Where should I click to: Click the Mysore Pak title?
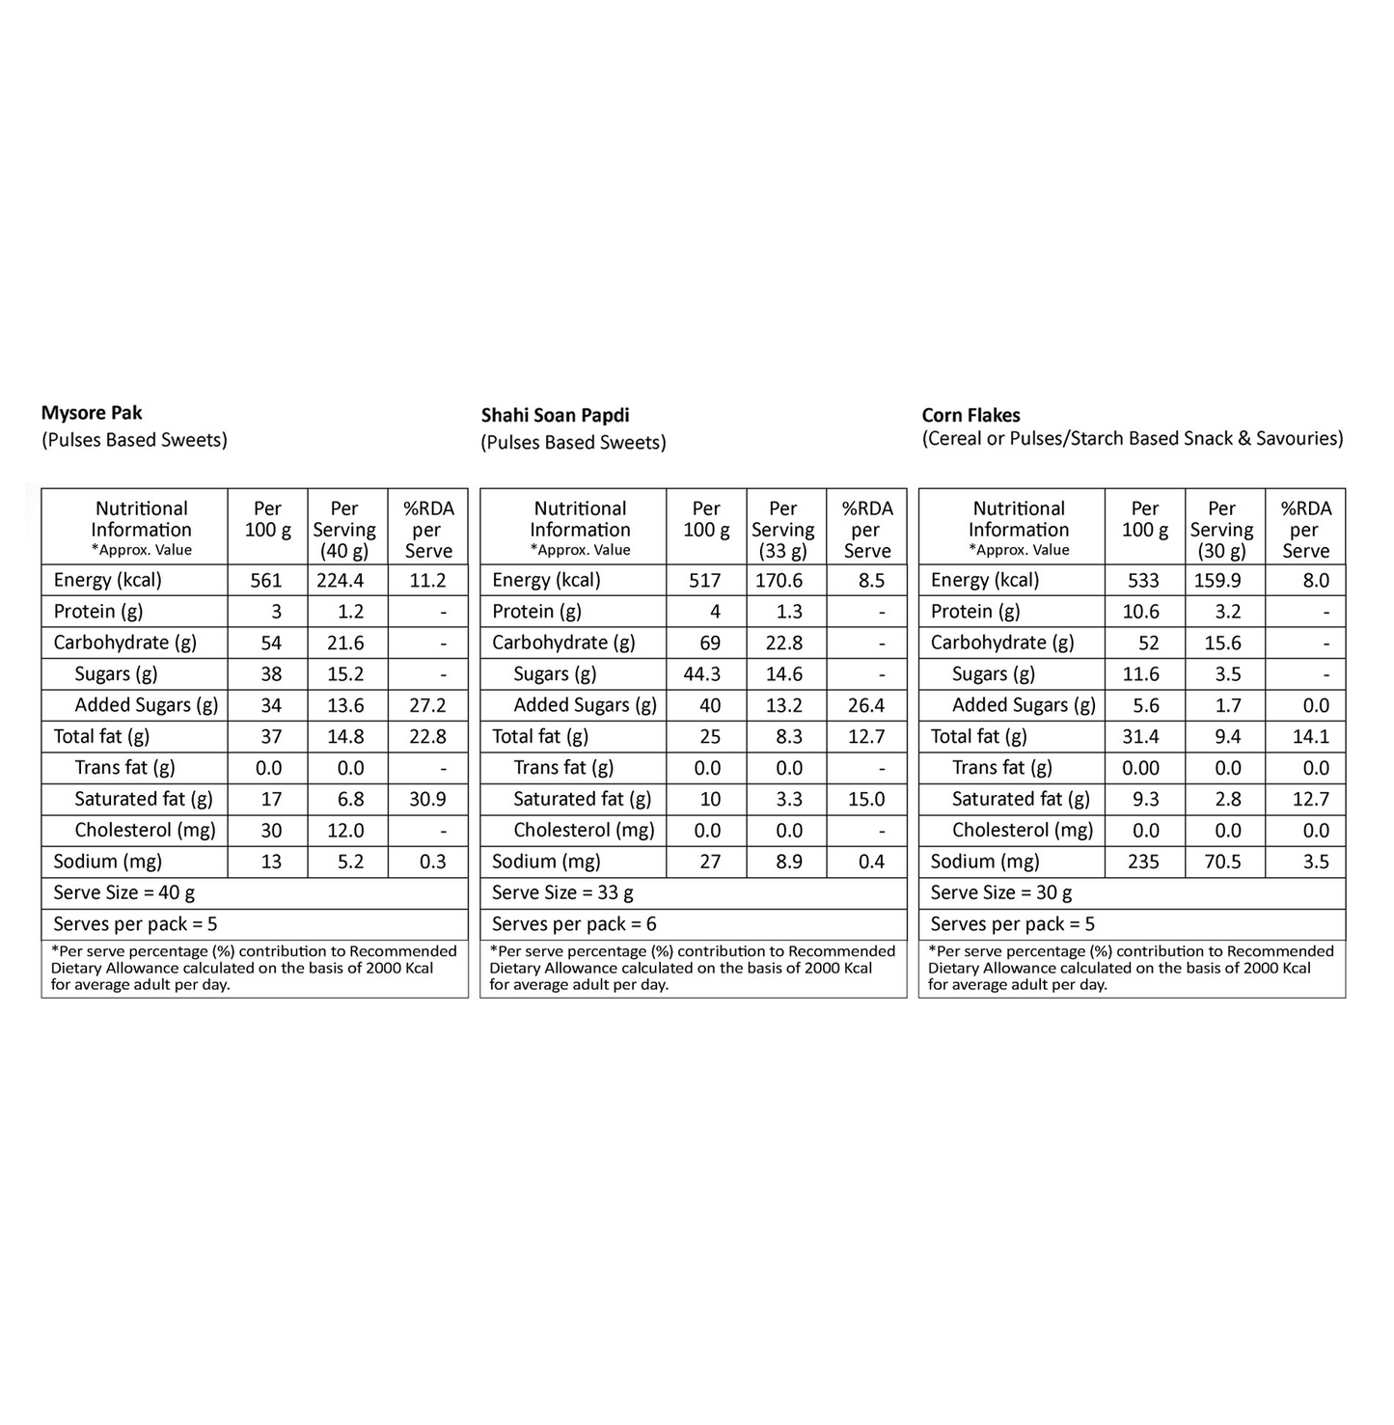pyautogui.click(x=92, y=413)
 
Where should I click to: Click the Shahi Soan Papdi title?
pyautogui.click(x=555, y=416)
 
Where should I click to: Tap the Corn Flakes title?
pyautogui.click(x=970, y=416)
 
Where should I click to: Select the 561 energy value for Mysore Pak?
pyautogui.click(x=266, y=581)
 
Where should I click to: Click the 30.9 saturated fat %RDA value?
pyautogui.click(x=427, y=800)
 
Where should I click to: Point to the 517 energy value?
pyautogui.click(x=705, y=581)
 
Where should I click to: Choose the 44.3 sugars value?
pyautogui.click(x=702, y=674)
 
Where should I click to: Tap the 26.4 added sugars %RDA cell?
pyautogui.click(x=865, y=706)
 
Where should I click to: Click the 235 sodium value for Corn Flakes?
pyautogui.click(x=1143, y=863)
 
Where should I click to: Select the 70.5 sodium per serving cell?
pyautogui.click(x=1222, y=863)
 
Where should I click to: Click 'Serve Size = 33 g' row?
pyautogui.click(x=562, y=893)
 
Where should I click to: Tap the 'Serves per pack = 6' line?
pyautogui.click(x=574, y=924)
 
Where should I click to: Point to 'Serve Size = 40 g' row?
pyautogui.click(x=124, y=893)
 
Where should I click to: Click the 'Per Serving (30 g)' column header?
pyautogui.click(x=1221, y=530)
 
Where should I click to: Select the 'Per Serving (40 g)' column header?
pyautogui.click(x=344, y=530)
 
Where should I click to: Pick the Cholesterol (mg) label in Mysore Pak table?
pyautogui.click(x=145, y=831)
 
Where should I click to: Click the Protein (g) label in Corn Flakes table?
pyautogui.click(x=975, y=612)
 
